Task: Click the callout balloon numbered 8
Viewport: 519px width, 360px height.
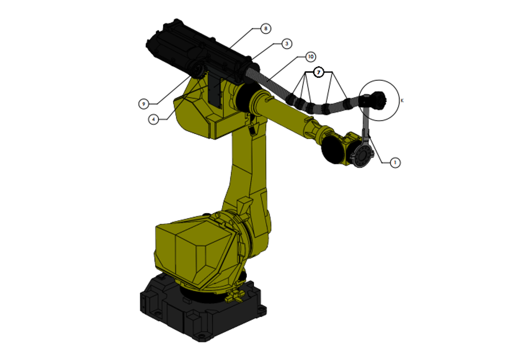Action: (x=265, y=28)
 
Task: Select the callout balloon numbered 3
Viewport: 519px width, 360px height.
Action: (x=286, y=44)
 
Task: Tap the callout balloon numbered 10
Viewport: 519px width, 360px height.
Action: (x=310, y=57)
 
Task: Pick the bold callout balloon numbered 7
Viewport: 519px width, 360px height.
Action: (x=319, y=72)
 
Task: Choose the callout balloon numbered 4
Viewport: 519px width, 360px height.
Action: (x=153, y=119)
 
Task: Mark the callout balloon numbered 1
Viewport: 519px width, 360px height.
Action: (x=395, y=162)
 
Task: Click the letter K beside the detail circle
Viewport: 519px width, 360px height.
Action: (x=402, y=100)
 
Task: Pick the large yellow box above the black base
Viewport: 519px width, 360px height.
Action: (x=194, y=249)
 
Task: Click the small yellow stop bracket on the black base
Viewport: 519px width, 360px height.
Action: (x=234, y=297)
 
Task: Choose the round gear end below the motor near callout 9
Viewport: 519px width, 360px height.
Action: (x=197, y=71)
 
